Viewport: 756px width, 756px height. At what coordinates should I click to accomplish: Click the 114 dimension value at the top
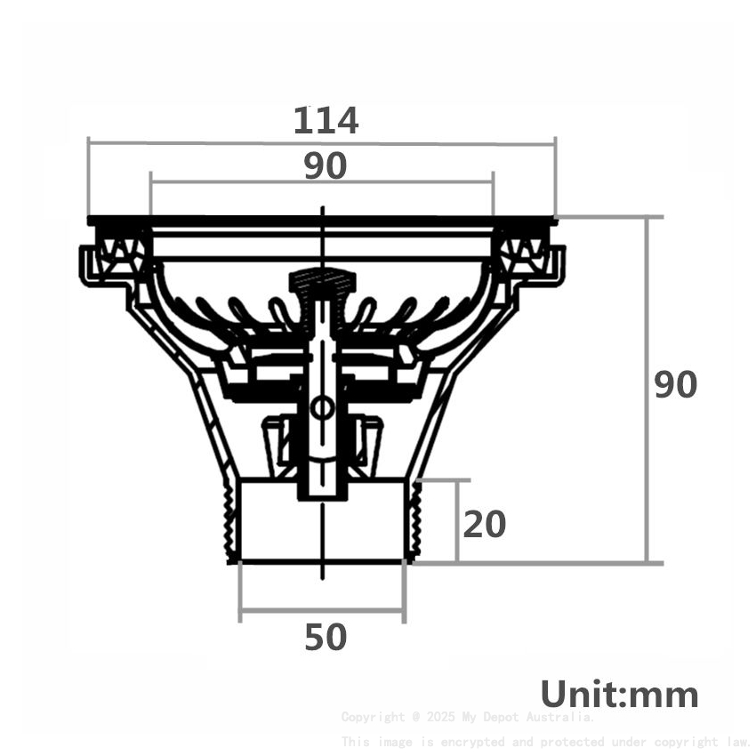(326, 121)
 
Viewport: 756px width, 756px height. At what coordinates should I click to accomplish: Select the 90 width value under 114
(325, 166)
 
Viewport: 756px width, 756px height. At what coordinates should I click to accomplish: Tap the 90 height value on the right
(676, 385)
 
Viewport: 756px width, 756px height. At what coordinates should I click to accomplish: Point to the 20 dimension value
(485, 525)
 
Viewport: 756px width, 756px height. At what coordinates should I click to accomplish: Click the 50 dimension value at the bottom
(325, 638)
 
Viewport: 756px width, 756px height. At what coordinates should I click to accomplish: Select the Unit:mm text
(619, 695)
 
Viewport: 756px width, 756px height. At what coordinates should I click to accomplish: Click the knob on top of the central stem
(322, 281)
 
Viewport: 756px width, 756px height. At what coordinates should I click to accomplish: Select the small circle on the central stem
(322, 408)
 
